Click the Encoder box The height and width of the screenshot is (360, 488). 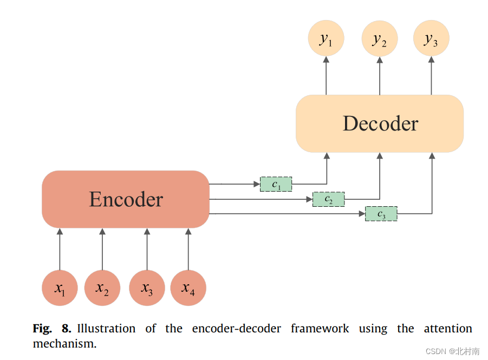(126, 199)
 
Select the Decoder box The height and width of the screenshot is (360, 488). (380, 123)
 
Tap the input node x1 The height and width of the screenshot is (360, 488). (60, 288)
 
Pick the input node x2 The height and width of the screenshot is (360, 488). (102, 288)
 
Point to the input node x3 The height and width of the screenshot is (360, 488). (147, 288)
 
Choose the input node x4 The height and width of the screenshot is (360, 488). (188, 288)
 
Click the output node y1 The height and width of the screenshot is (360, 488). (326, 39)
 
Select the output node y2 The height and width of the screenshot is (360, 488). (380, 39)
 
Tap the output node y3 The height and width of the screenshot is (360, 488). (431, 39)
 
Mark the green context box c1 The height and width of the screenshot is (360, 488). (276, 184)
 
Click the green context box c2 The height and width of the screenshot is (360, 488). (329, 199)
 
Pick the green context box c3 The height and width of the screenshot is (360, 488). (381, 214)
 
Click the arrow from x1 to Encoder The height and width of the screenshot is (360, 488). (60, 249)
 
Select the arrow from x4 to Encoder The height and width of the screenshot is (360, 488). (188, 249)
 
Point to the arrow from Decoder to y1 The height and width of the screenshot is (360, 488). (326, 76)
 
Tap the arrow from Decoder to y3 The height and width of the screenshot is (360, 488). (431, 76)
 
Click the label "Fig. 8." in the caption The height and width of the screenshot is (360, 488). (52, 329)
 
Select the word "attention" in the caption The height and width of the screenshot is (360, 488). (447, 329)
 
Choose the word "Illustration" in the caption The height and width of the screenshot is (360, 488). (106, 329)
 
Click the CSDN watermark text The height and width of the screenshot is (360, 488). (452, 351)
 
